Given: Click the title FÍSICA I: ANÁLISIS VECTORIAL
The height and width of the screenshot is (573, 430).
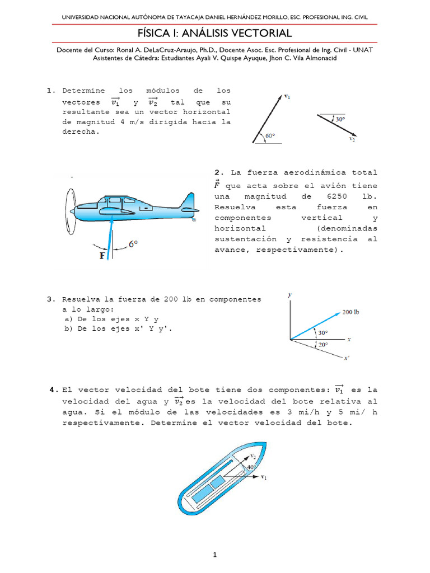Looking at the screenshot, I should (x=215, y=34).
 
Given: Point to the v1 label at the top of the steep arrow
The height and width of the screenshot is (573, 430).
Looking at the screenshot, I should (x=287, y=97).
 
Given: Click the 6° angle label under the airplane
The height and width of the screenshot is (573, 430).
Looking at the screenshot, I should (x=133, y=244).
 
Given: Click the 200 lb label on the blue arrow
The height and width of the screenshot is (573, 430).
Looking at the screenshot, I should (x=350, y=312).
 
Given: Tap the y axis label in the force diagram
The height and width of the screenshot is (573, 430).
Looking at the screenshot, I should (x=289, y=294).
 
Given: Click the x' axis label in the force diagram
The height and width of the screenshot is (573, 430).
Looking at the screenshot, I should (x=347, y=359).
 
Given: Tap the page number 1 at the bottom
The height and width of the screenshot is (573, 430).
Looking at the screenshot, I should (x=214, y=555).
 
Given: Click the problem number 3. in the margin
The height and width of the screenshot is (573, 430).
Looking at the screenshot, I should (x=51, y=299).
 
